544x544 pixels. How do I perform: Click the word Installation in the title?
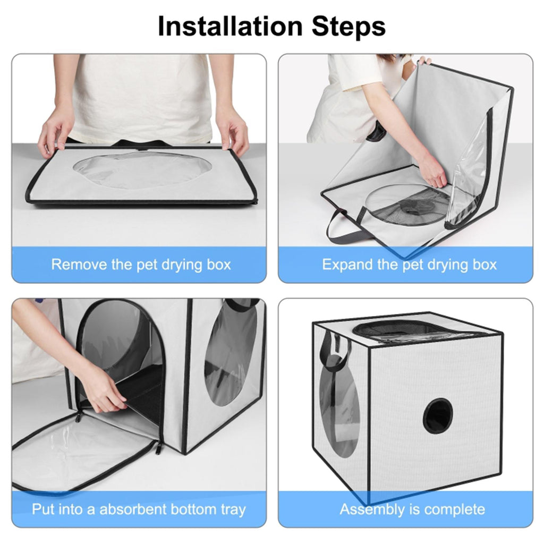[x=230, y=26]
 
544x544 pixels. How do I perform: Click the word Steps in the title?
[x=348, y=27]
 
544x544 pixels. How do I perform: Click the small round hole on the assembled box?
[x=438, y=415]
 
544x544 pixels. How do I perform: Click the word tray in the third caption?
[x=233, y=510]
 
